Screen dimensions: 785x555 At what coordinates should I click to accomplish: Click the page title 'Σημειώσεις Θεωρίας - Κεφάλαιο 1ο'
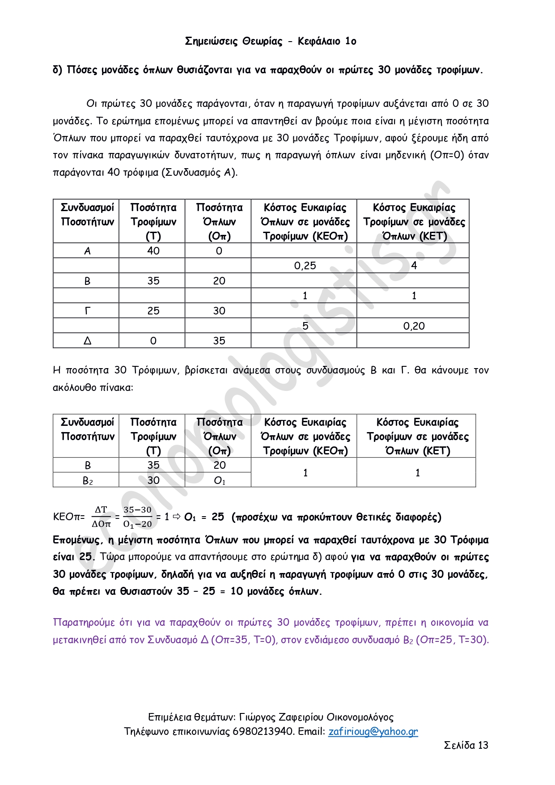(271, 42)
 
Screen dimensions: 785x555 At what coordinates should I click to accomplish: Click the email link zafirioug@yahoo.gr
(373, 731)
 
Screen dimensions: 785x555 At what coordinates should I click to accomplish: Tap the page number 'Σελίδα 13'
(466, 745)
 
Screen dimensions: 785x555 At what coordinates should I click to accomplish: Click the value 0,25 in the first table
(305, 266)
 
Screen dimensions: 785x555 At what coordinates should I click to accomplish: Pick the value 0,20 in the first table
(414, 326)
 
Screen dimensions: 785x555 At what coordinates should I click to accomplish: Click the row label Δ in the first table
(87, 341)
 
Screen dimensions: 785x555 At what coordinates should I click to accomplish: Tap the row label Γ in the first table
(87, 311)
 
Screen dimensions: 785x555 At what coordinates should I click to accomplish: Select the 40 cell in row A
(153, 251)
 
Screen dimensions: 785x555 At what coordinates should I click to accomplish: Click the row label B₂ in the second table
(88, 481)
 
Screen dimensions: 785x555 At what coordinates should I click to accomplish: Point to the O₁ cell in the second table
(219, 481)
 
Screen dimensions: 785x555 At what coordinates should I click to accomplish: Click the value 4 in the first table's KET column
(414, 266)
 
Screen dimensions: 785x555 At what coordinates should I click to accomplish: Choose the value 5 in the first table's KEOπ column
(305, 326)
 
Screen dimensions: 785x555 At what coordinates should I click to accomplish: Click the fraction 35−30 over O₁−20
(137, 517)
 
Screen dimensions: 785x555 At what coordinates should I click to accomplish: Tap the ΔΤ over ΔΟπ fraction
(101, 517)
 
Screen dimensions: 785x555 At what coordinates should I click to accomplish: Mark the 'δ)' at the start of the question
(58, 70)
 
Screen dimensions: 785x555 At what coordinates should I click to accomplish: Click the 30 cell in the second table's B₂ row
(153, 480)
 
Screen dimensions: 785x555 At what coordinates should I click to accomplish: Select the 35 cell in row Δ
(219, 341)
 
